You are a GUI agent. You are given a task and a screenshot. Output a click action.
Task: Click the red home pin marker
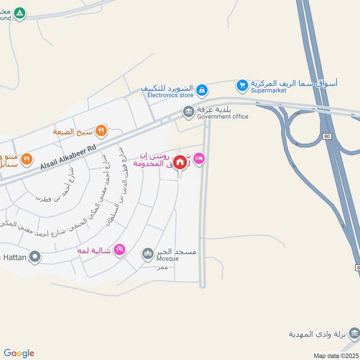pyautogui.click(x=180, y=162)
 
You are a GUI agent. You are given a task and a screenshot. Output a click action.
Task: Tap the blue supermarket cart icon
pyautogui.click(x=243, y=85)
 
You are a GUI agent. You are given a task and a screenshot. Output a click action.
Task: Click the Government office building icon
pyautogui.click(x=188, y=111)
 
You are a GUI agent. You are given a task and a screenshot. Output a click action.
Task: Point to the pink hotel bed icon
pyautogui.click(x=199, y=158)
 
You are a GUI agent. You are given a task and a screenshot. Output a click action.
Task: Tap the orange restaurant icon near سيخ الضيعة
pyautogui.click(x=102, y=131)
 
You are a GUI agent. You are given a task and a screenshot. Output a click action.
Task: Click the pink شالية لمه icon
pyautogui.click(x=119, y=249)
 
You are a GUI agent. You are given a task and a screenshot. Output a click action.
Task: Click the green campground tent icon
pyautogui.click(x=19, y=13)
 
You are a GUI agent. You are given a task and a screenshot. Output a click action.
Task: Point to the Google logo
pyautogui.click(x=19, y=353)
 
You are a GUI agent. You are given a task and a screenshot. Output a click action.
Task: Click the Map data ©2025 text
pyautogui.click(x=335, y=356)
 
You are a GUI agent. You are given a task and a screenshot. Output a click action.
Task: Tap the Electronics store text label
pyautogui.click(x=171, y=95)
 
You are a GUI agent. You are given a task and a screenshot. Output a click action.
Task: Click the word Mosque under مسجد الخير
pyautogui.click(x=167, y=259)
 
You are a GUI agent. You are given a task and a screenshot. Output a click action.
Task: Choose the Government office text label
pyautogui.click(x=222, y=117)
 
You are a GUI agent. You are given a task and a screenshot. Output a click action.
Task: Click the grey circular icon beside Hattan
pyautogui.click(x=35, y=257)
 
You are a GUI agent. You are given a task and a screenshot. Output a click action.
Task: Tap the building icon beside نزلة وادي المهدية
pyautogui.click(x=354, y=333)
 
